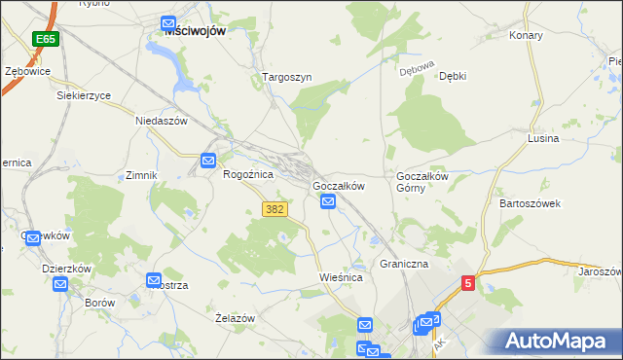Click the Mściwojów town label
coord(195,31)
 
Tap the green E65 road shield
coord(44,39)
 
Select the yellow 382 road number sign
coord(275,209)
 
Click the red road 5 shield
coord(468,283)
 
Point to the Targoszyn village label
coord(286,76)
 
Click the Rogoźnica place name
coord(248,174)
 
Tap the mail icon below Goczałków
coord(328,201)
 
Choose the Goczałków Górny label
coord(421,182)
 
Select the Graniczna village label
coord(404,264)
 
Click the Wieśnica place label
coord(341,277)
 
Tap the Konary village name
coord(526,35)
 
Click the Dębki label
coord(453,76)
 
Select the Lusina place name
coord(542,139)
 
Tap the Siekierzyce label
coord(84,96)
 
